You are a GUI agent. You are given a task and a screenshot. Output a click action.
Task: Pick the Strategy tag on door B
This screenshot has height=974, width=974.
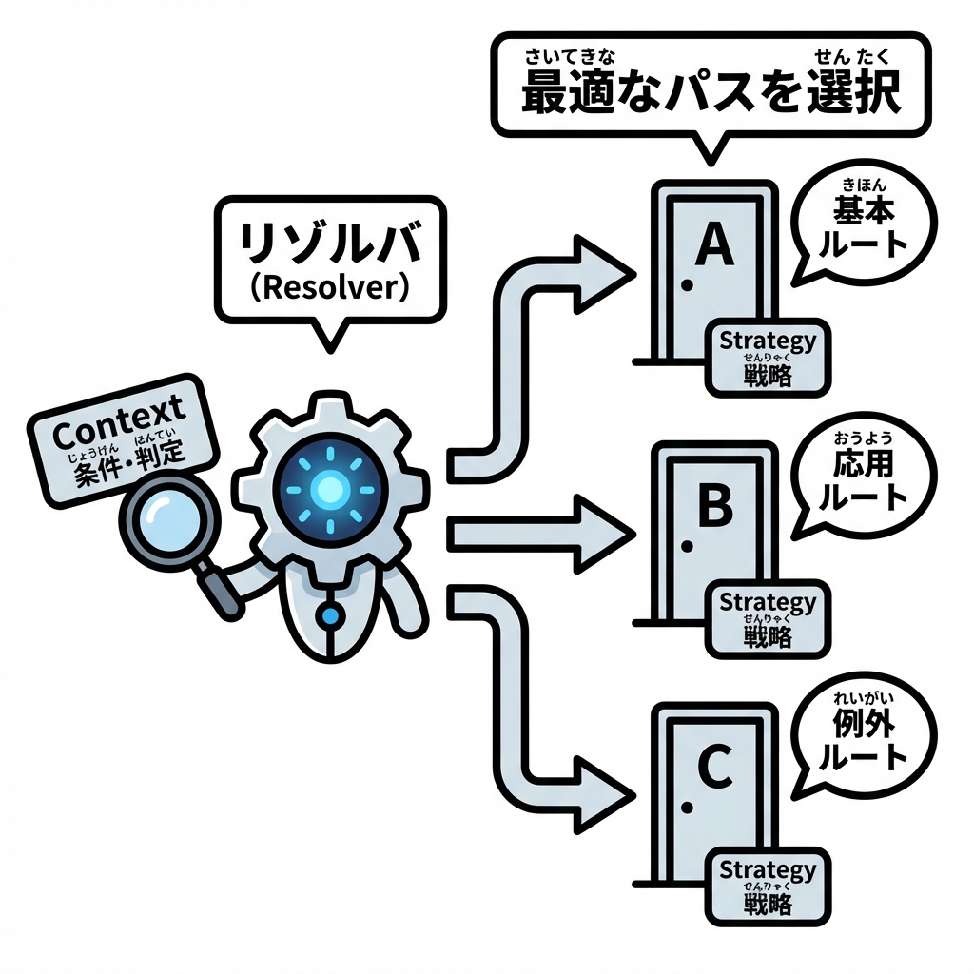point(768,617)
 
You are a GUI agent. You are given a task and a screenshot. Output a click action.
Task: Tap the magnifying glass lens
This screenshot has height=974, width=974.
point(168,520)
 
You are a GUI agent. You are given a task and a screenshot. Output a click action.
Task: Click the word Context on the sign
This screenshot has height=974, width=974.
point(118,433)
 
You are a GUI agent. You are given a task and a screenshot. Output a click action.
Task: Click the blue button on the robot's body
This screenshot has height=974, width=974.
point(330,616)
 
